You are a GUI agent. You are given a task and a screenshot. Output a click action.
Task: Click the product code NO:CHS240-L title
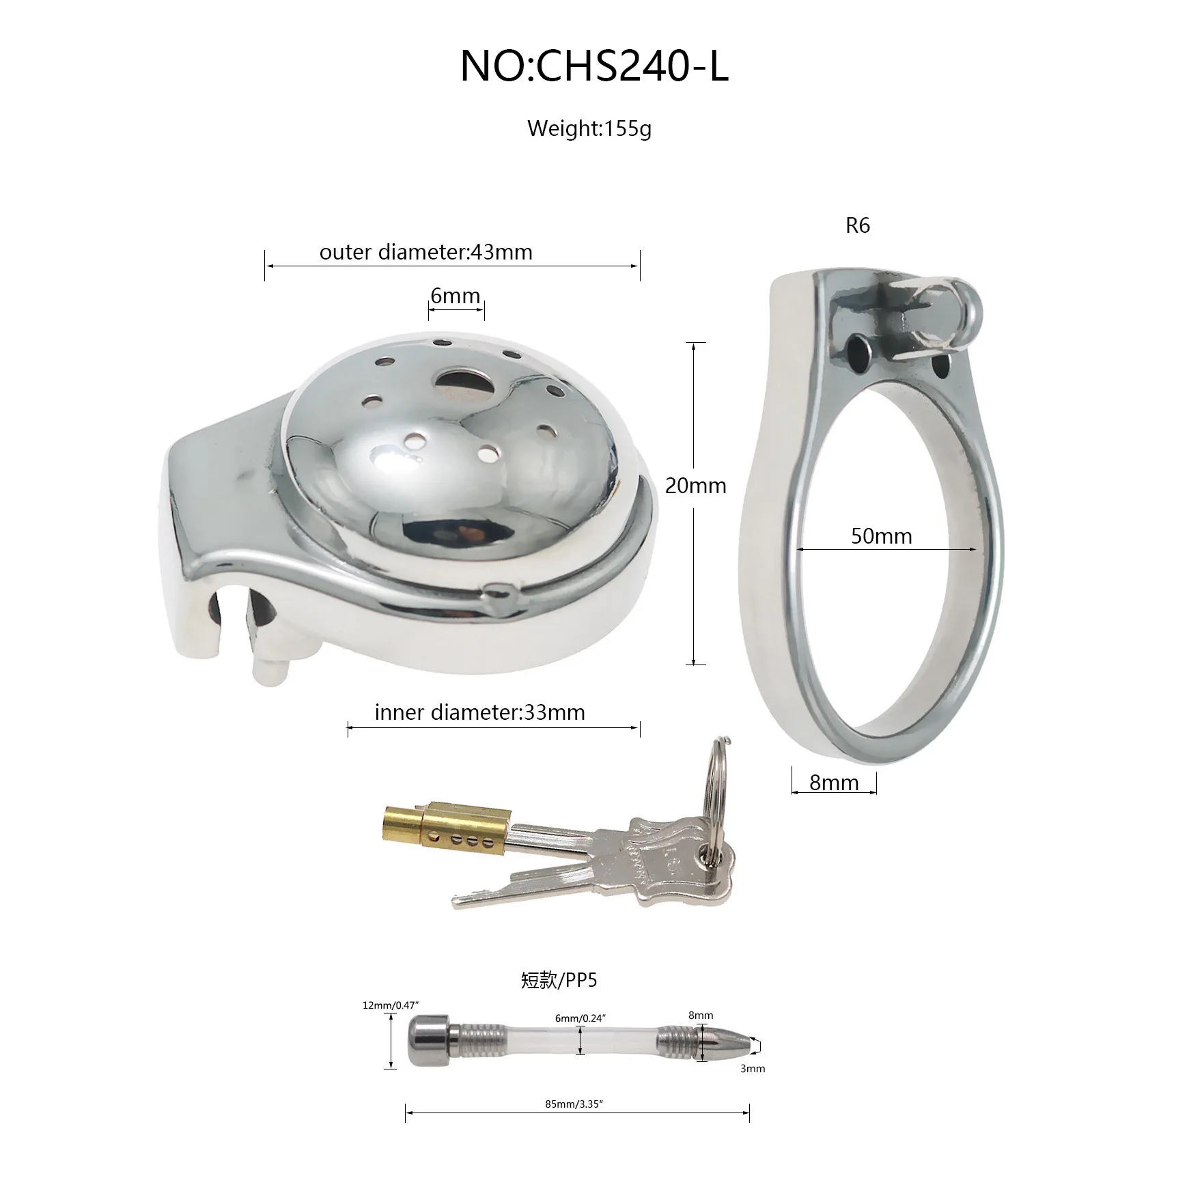594,67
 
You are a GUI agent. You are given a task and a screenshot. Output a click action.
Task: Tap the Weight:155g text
589,128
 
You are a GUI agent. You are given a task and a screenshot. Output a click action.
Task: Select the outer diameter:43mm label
425,252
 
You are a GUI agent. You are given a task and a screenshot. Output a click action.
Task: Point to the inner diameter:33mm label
479,712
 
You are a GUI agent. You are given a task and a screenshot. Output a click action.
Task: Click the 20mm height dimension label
695,486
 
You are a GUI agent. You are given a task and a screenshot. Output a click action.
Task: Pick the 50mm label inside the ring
881,536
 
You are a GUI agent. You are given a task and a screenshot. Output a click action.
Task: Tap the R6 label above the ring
858,225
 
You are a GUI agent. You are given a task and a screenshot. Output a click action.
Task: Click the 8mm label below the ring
834,783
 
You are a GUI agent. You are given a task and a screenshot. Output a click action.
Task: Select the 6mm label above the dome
455,296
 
